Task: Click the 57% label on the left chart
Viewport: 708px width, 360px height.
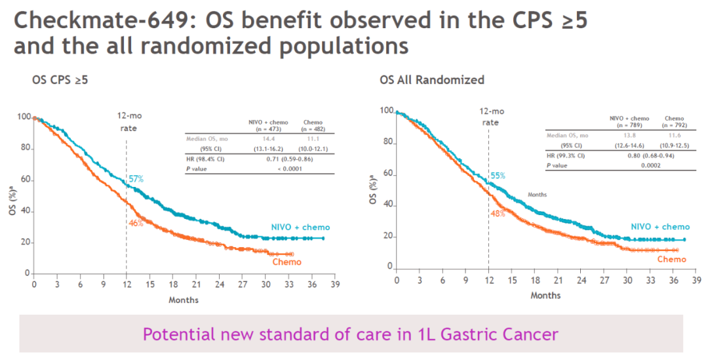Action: coord(136,179)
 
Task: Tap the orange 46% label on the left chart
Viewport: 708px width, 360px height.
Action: coord(136,223)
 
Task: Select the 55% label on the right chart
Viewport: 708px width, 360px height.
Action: coord(498,176)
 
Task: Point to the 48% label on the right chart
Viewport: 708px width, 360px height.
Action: coord(498,214)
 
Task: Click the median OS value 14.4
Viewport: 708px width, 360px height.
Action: coord(269,139)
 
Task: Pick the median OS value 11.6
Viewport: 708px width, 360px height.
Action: coord(674,135)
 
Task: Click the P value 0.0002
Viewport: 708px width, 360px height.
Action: coord(651,165)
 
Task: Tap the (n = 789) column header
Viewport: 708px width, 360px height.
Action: coord(629,125)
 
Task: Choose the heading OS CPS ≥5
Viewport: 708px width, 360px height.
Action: coord(60,81)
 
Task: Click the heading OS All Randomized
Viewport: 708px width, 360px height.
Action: coord(432,80)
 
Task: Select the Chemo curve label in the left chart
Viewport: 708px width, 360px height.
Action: coord(286,262)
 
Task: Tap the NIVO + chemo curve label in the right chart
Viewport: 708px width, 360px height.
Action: coord(660,227)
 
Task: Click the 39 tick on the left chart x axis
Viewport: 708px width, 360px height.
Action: coord(335,284)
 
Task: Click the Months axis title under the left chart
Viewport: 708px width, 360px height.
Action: coord(184,300)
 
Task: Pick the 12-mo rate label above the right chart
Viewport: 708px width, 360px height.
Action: coord(492,117)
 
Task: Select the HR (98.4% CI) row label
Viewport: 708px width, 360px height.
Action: coord(205,159)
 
